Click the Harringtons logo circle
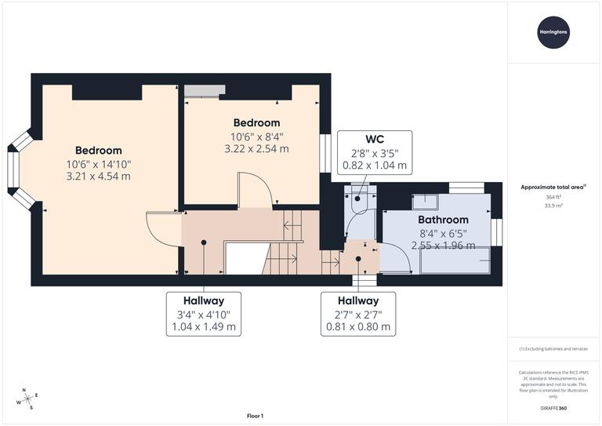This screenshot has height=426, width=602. point(554,31)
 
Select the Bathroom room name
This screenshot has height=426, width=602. point(443,220)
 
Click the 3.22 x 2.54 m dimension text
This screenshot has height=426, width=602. point(256,147)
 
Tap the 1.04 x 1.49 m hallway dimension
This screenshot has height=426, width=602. point(204,326)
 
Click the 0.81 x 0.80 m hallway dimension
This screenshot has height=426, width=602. point(358,326)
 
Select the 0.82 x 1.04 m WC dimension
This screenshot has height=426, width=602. point(375,166)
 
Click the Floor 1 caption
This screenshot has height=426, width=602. point(256,415)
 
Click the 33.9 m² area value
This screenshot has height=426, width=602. point(554,208)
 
